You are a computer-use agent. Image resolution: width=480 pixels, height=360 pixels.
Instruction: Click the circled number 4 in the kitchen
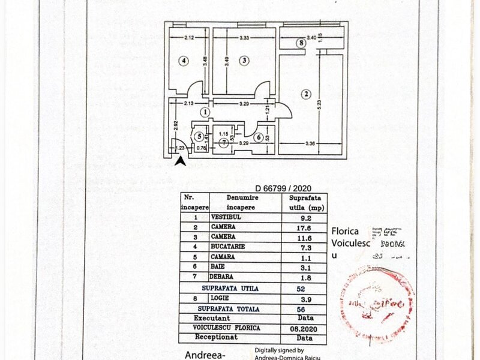click(184, 60)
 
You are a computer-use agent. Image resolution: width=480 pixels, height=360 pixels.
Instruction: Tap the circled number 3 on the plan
click(244, 60)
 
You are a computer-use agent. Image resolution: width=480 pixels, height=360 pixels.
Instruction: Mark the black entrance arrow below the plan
click(179, 160)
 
